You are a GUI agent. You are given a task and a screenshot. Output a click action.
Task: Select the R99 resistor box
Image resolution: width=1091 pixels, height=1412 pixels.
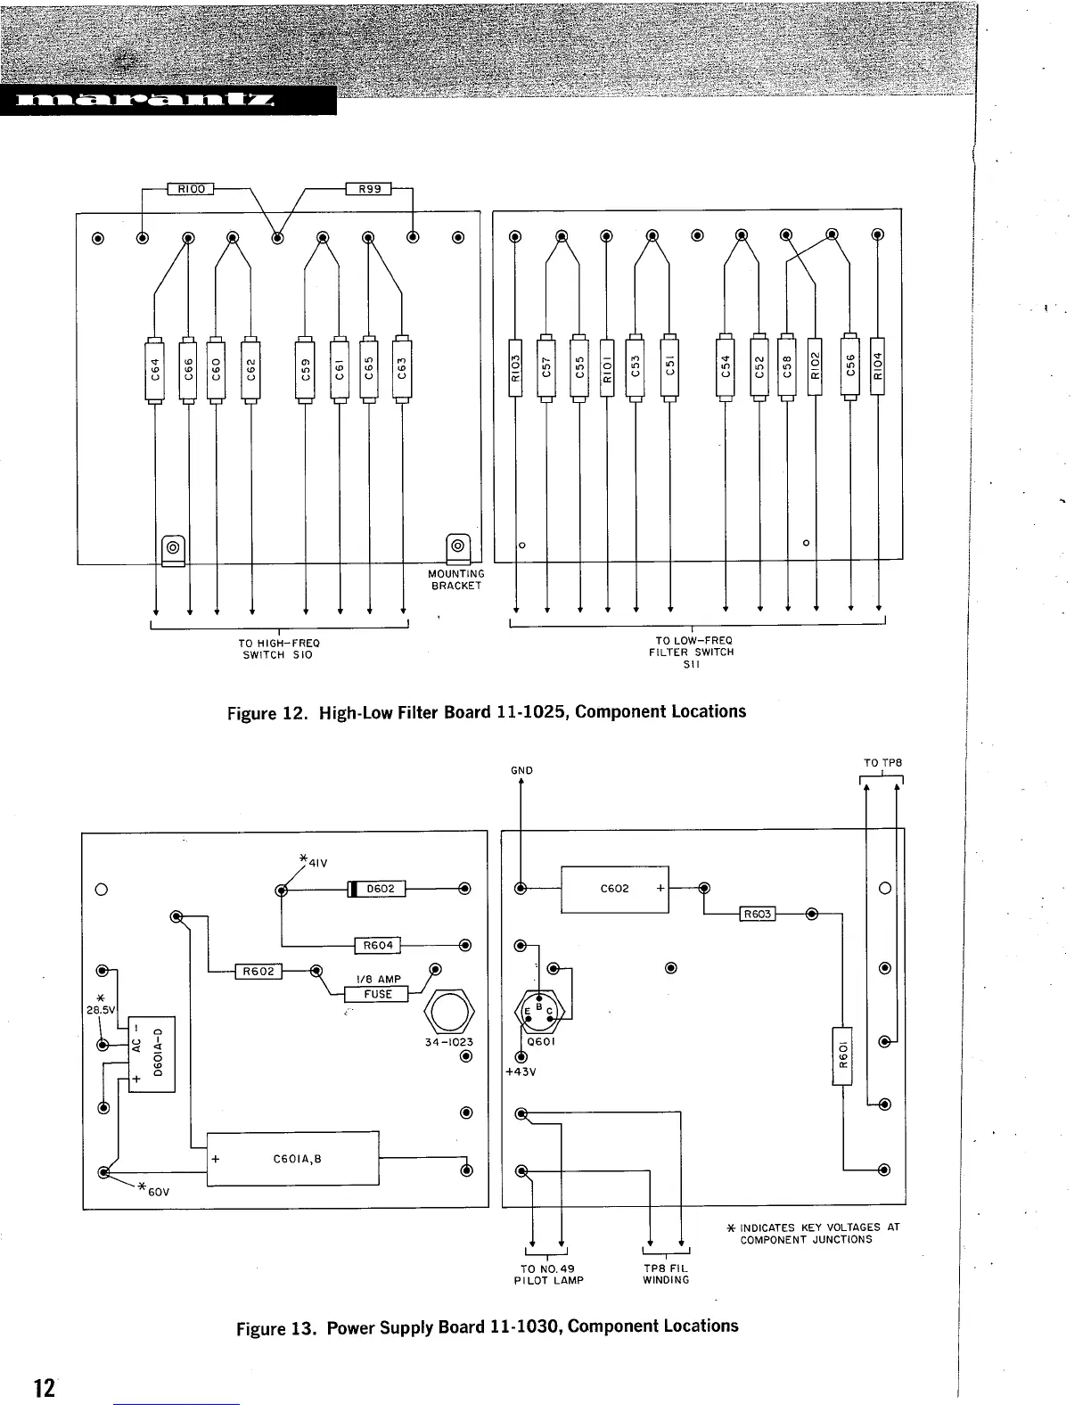[x=368, y=189]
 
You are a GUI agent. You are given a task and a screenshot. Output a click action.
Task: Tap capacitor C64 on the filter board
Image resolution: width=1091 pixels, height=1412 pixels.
[x=155, y=368]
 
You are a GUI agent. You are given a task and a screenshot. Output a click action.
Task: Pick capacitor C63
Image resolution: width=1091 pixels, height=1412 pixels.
[x=402, y=368]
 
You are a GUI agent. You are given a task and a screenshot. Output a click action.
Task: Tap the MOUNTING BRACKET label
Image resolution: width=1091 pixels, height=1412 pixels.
[x=456, y=579]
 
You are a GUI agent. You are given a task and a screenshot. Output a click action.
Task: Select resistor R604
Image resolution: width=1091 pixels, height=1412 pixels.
[x=378, y=946]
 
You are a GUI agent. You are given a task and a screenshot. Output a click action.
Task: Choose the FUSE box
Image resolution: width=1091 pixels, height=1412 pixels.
[x=378, y=994]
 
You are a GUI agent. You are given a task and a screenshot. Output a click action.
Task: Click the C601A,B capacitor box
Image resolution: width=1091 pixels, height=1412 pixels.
[x=293, y=1159]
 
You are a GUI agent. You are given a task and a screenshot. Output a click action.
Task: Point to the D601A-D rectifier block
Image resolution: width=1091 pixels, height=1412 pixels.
[x=152, y=1054]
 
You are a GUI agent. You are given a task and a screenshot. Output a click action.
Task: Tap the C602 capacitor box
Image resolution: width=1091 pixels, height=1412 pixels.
[x=614, y=889]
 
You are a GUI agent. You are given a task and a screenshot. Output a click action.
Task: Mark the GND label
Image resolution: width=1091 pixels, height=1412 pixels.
[x=521, y=770]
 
